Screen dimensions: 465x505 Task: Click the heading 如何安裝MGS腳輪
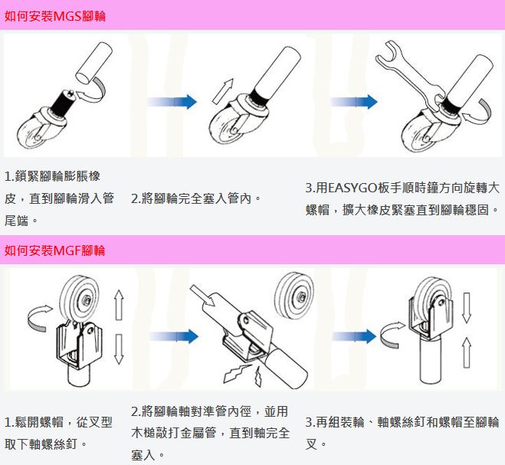pyautogui.click(x=55, y=15)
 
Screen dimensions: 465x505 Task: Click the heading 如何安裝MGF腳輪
pyautogui.click(x=55, y=251)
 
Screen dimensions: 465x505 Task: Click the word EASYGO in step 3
pyautogui.click(x=353, y=188)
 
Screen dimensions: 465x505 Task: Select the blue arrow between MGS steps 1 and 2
pyautogui.click(x=172, y=100)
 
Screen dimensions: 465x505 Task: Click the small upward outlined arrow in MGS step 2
pyautogui.click(x=222, y=90)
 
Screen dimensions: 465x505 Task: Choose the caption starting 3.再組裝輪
pyautogui.click(x=402, y=432)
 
